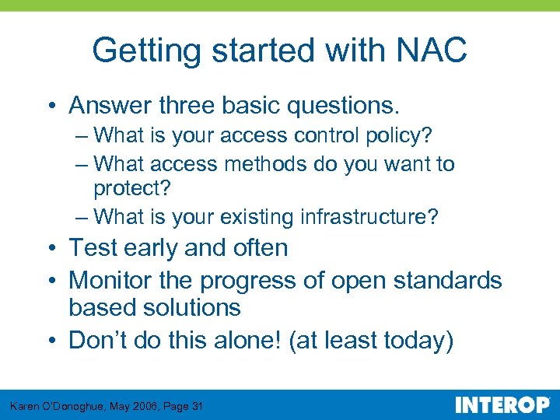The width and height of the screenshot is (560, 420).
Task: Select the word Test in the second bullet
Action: point(93,248)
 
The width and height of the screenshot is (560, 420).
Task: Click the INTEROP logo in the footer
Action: point(502,405)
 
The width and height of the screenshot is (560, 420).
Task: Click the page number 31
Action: point(198,406)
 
